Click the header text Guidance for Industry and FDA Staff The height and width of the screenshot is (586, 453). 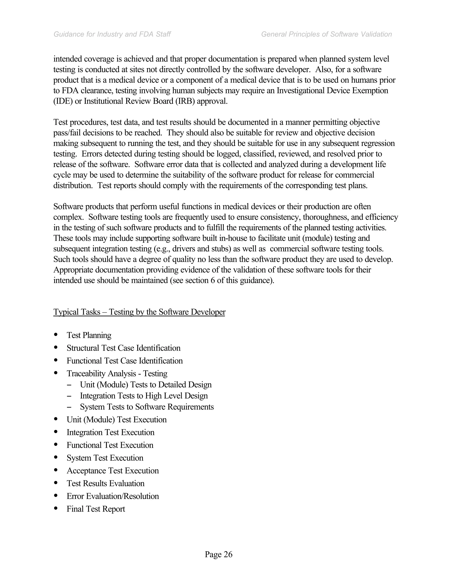point(112,34)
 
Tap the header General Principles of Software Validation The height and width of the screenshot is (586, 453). point(326,34)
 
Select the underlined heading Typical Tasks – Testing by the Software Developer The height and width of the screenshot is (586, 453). point(139,312)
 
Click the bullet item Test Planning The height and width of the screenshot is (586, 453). point(89,335)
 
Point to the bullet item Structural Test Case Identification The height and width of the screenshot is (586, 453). point(123,348)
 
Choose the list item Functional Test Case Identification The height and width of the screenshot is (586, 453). point(125,361)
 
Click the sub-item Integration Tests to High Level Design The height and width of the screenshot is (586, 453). point(144,396)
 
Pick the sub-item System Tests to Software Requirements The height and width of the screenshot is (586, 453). point(146,407)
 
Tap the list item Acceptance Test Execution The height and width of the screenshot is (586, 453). point(113,471)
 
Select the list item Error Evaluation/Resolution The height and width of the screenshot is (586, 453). point(113,496)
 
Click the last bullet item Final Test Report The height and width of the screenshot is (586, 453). point(96,509)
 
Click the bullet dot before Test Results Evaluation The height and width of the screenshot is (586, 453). point(56,483)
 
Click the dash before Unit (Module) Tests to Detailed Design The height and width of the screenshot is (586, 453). point(69,385)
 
